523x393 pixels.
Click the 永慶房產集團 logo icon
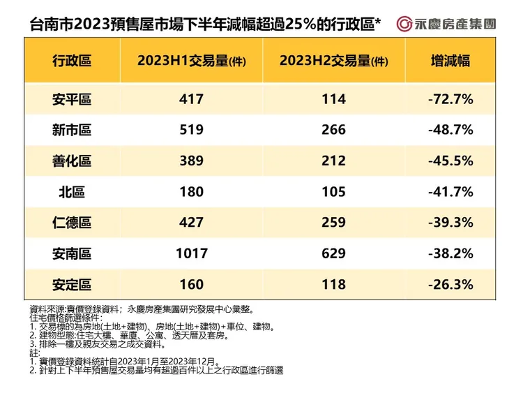404,24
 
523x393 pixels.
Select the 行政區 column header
72,61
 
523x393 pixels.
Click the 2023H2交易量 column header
333,61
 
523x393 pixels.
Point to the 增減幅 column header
450,61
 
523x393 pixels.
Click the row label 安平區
72,99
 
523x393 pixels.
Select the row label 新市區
72,130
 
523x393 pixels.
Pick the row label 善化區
72,161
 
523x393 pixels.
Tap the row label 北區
72,191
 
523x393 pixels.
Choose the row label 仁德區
72,222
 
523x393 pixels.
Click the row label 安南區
72,253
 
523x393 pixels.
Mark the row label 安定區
72,284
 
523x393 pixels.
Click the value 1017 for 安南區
191,253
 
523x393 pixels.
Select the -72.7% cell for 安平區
450,99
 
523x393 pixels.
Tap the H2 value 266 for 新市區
333,130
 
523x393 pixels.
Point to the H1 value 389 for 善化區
191,161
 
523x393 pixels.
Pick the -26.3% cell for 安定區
450,284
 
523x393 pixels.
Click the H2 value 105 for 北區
333,191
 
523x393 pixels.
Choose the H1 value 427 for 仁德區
191,222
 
